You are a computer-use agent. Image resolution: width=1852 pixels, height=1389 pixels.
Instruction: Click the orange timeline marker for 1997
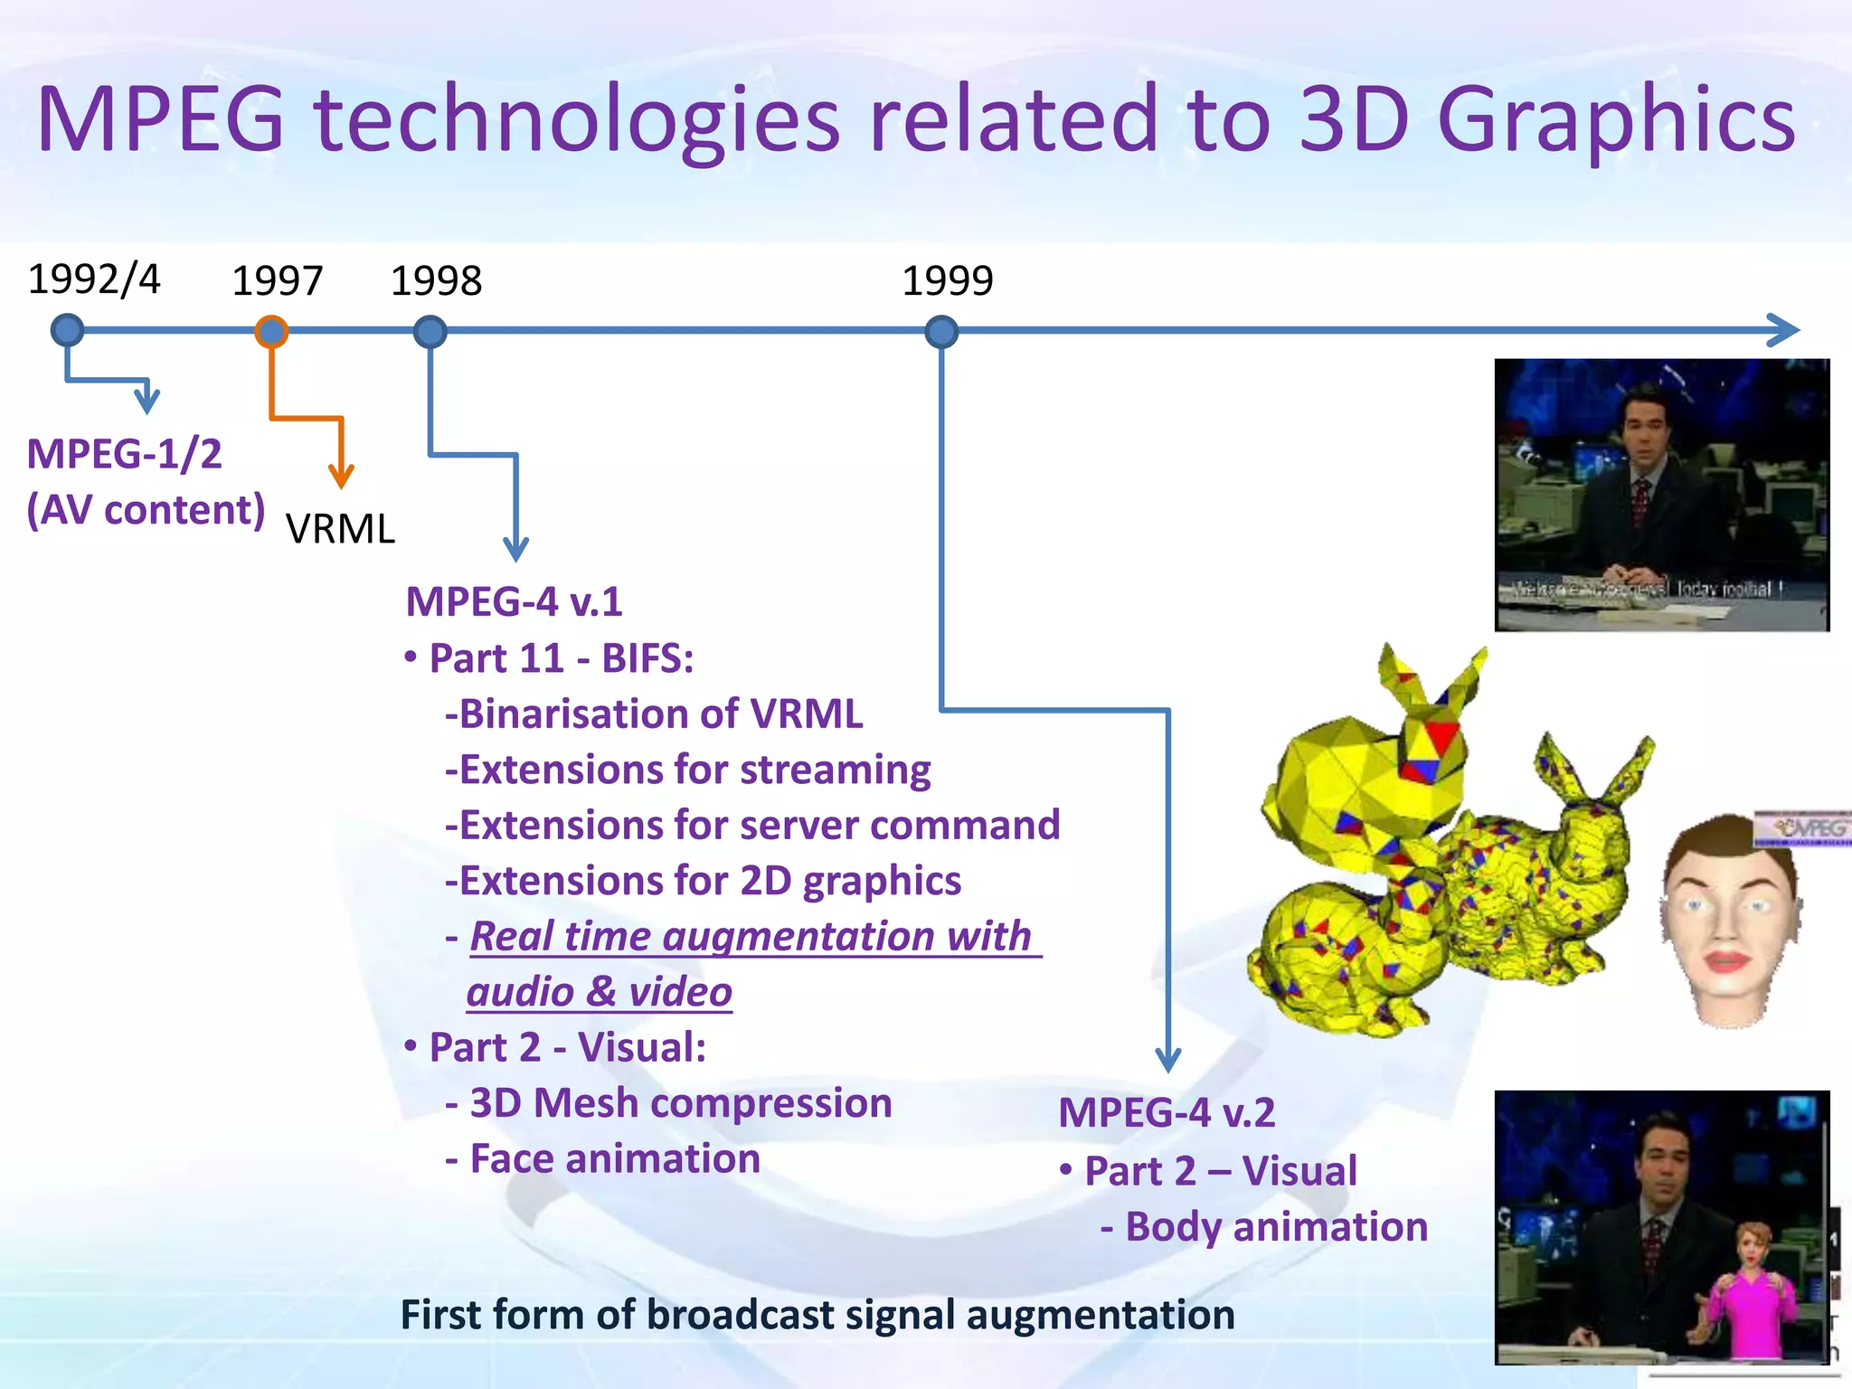pyautogui.click(x=271, y=332)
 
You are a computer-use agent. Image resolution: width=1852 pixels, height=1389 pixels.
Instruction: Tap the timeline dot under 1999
pyautogui.click(x=941, y=332)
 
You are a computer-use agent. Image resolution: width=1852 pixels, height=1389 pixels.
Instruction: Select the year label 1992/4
pyautogui.click(x=94, y=279)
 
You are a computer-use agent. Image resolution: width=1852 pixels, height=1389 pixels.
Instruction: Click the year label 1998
pyautogui.click(x=436, y=281)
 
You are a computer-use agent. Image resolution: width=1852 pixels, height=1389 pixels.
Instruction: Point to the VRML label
pyautogui.click(x=340, y=529)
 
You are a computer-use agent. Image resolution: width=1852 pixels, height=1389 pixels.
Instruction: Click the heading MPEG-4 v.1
pyautogui.click(x=514, y=602)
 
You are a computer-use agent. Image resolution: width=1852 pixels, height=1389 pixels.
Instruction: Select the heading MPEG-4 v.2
pyautogui.click(x=1167, y=1112)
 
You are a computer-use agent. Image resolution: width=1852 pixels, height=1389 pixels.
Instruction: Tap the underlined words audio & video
pyautogui.click(x=599, y=992)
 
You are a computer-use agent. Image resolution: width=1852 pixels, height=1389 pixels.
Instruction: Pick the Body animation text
pyautogui.click(x=1275, y=1227)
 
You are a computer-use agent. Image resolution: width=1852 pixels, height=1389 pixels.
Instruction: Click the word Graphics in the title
pyautogui.click(x=1615, y=119)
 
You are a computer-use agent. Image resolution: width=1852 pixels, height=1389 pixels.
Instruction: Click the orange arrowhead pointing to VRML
pyautogui.click(x=341, y=474)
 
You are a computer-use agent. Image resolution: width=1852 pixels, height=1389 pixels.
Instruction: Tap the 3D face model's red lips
pyautogui.click(x=1725, y=959)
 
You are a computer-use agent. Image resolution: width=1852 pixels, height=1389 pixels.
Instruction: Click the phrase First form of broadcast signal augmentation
pyautogui.click(x=817, y=1315)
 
